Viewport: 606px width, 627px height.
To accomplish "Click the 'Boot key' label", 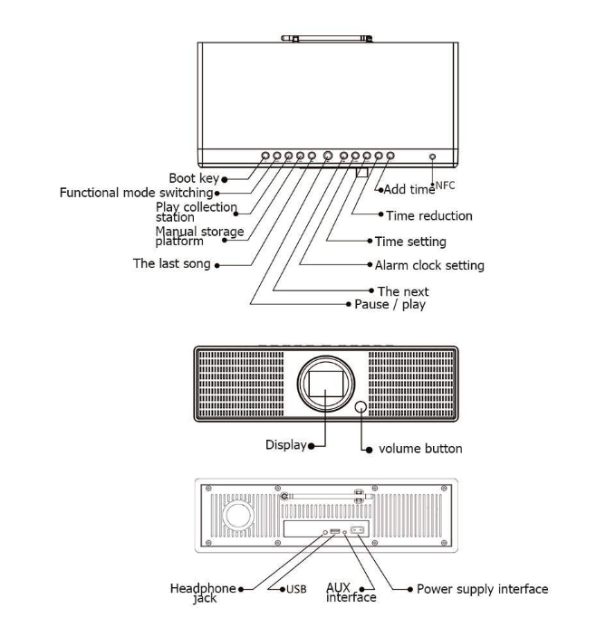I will point(195,178).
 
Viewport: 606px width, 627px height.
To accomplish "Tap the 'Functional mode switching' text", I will point(137,192).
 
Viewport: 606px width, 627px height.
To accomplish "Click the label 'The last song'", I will point(171,264).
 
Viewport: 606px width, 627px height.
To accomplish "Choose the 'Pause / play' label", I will point(390,305).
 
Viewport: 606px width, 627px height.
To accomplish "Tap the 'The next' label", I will point(403,291).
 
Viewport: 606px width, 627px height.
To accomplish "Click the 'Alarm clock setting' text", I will point(429,265).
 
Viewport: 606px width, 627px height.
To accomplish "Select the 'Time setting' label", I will point(410,242).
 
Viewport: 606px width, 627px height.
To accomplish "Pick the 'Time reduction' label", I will point(428,216).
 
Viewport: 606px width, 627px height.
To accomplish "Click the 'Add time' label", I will point(407,189).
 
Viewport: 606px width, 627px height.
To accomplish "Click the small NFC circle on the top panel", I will point(433,157).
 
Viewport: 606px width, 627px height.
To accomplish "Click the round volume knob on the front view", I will point(363,409).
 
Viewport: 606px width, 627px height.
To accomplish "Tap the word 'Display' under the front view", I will point(284,445).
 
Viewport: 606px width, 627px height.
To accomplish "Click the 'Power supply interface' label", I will point(482,589).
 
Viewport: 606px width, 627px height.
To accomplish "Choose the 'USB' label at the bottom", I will point(295,589).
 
